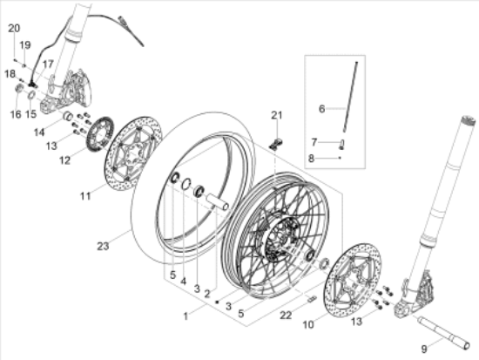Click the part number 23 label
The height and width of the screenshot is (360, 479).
tap(103, 246)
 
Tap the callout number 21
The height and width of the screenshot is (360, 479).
tap(277, 115)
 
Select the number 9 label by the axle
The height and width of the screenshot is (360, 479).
tap(424, 349)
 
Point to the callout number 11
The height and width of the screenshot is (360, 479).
tap(85, 196)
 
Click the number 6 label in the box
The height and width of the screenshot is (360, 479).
tap(321, 109)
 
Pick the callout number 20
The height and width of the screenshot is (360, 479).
tap(14, 28)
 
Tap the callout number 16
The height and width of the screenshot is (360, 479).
tap(16, 114)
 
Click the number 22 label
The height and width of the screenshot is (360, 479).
tap(286, 315)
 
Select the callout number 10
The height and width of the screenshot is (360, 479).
tap(308, 324)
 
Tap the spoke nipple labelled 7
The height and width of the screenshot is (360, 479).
tap(341, 145)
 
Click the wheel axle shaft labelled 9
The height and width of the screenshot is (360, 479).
tap(443, 333)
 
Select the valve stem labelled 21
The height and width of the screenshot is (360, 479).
tap(276, 144)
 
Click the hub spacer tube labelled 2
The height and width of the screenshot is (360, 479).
tap(218, 201)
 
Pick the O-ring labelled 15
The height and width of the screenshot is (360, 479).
tap(31, 94)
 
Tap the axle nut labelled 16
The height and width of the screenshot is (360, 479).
tap(19, 88)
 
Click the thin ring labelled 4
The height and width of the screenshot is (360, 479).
tap(186, 184)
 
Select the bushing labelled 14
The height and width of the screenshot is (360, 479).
tap(68, 116)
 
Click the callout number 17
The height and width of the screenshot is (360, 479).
tap(48, 65)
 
